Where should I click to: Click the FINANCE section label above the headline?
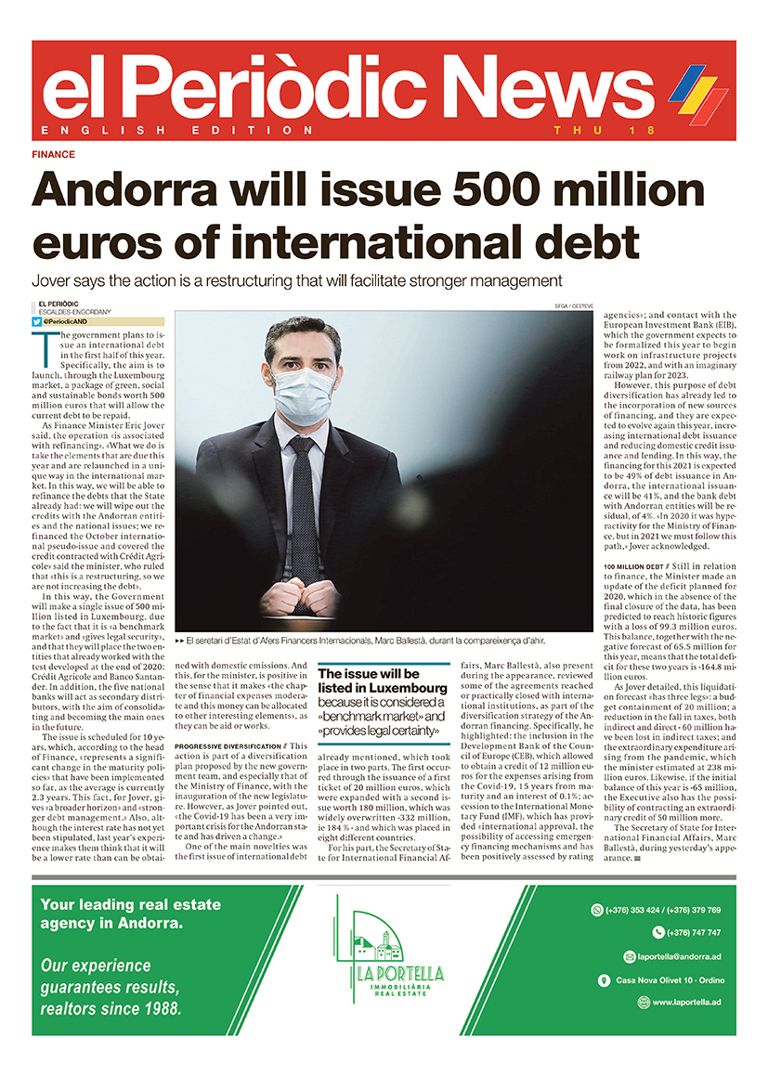pyautogui.click(x=53, y=155)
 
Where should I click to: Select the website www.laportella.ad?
pyautogui.click(x=686, y=1003)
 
